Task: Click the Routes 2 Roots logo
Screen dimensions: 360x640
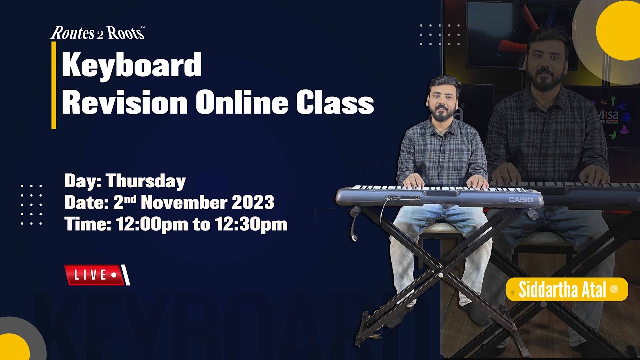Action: coord(98,33)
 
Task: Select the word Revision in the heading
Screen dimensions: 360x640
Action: coord(125,103)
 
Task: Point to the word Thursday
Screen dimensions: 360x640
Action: coord(145,181)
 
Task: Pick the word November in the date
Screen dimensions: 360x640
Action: coord(185,203)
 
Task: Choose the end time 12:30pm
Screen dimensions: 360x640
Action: coord(251,224)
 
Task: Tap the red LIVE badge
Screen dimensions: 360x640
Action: coord(95,275)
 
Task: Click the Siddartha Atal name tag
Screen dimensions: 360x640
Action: coord(567,289)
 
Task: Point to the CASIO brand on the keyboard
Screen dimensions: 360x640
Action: coord(520,200)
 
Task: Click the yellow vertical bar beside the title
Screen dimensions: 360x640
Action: coord(54,85)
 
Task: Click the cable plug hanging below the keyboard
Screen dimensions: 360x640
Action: coord(354,235)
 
